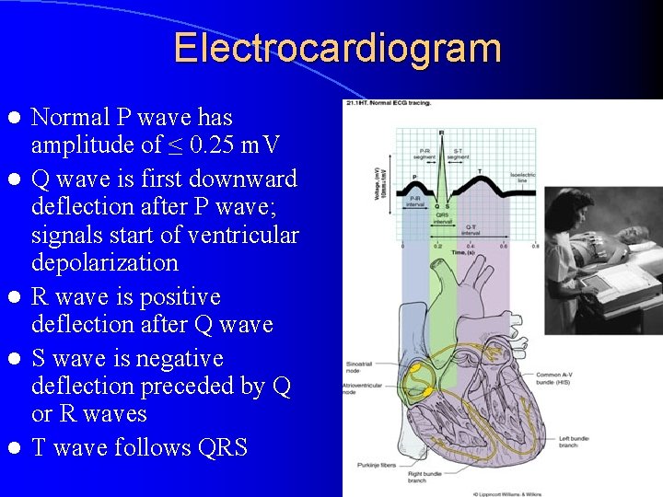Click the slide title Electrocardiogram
point(337,48)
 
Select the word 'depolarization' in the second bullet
point(104,263)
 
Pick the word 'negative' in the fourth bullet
point(174,358)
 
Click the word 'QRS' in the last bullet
point(222,448)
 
